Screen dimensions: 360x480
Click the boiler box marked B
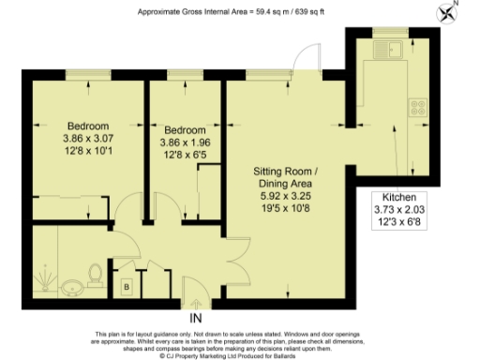(127, 287)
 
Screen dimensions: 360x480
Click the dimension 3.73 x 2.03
(394, 210)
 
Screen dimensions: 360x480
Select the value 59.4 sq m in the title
(274, 11)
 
